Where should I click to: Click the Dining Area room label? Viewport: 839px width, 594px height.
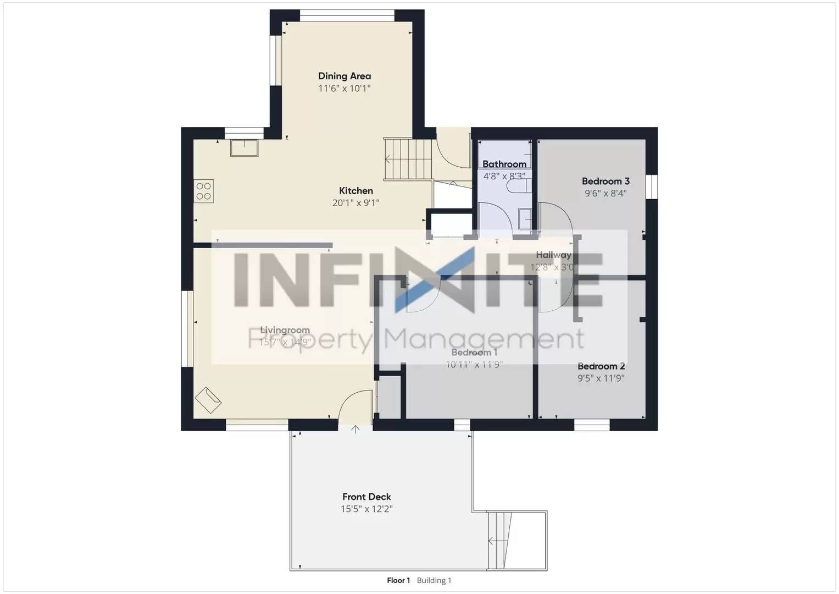[x=345, y=76]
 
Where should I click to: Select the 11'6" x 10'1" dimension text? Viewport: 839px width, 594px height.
[x=345, y=89]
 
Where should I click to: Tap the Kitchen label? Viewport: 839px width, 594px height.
[x=355, y=191]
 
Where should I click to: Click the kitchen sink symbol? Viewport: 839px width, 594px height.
[x=244, y=148]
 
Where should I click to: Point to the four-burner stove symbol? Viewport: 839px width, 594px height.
[x=204, y=191]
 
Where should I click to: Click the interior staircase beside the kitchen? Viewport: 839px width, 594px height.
[x=407, y=159]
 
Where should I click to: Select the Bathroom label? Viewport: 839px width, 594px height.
[x=504, y=164]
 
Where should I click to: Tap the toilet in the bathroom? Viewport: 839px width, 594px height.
[x=518, y=186]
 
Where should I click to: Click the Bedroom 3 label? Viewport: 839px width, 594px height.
[x=605, y=181]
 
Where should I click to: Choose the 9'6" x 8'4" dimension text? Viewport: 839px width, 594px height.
[x=605, y=194]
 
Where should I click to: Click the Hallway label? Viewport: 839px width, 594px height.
[x=553, y=255]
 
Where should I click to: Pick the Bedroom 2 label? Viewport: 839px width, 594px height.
[x=601, y=366]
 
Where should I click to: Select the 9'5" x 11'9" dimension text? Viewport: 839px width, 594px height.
[x=601, y=378]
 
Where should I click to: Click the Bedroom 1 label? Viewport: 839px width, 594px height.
[x=474, y=353]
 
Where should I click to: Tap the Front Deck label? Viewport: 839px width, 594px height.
[x=366, y=497]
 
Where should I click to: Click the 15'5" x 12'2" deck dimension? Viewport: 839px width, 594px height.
[x=366, y=509]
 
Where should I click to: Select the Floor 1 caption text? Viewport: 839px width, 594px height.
[x=398, y=580]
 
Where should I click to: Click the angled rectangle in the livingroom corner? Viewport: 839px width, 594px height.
[x=208, y=400]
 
